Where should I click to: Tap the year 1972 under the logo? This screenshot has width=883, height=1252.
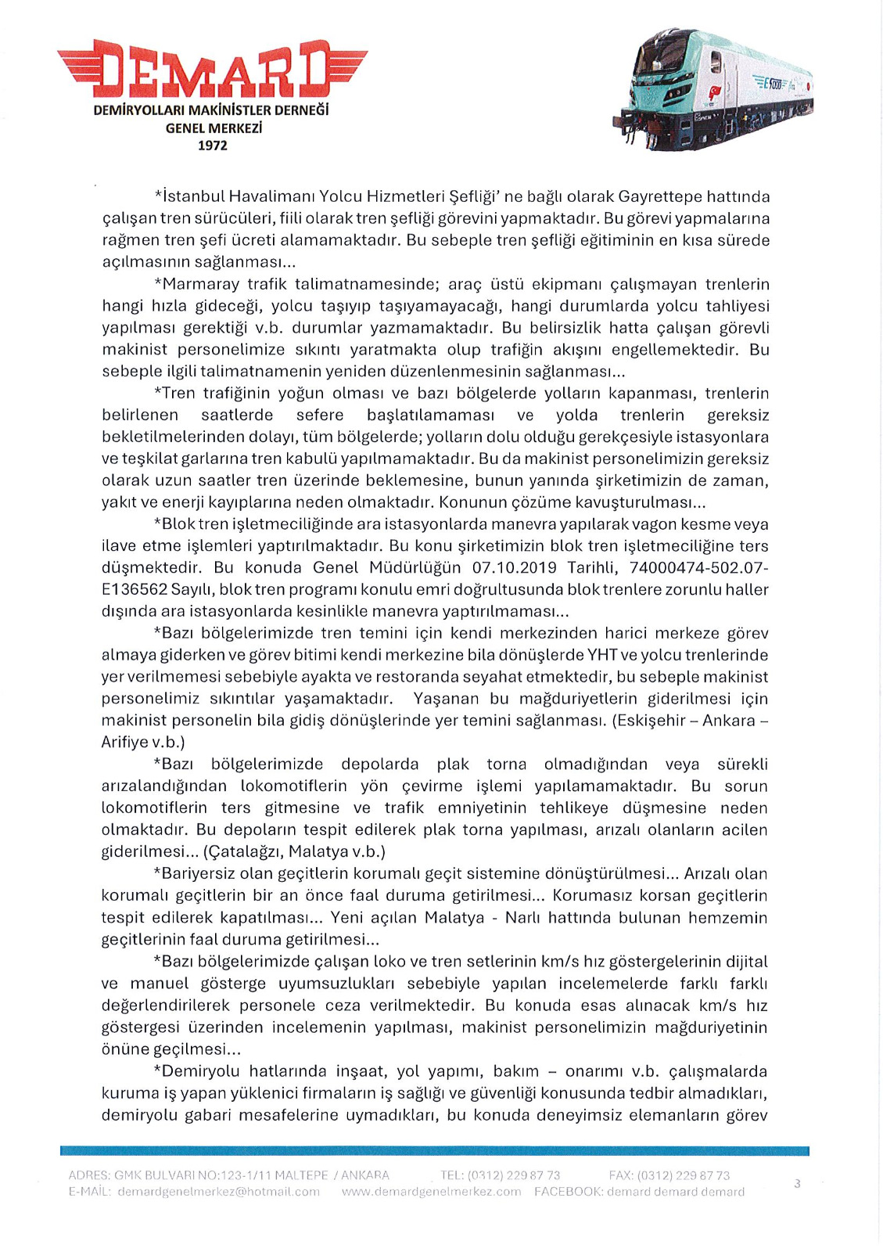click(x=212, y=146)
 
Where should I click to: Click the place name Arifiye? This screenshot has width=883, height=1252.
click(x=124, y=743)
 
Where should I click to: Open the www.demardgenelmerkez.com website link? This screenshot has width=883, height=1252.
click(x=431, y=1192)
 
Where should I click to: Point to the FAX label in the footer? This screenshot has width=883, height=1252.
click(x=621, y=1175)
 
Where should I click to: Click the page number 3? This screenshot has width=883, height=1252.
click(x=797, y=1184)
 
